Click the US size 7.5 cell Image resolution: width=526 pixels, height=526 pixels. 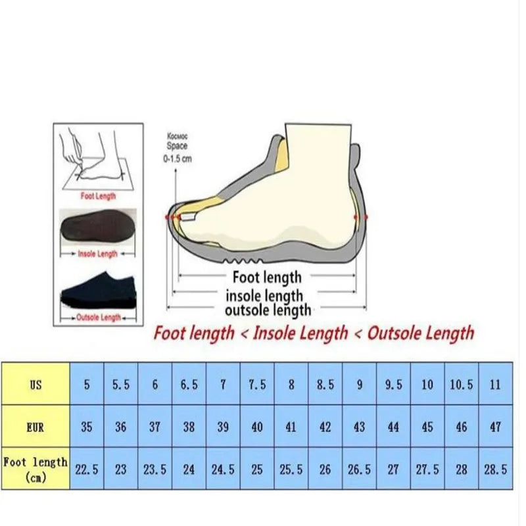tap(257, 385)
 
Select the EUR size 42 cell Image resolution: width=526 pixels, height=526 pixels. tap(325, 427)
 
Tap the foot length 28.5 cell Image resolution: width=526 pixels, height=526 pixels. tap(495, 469)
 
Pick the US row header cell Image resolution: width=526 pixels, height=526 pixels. tap(36, 385)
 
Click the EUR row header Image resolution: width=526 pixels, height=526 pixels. tap(36, 427)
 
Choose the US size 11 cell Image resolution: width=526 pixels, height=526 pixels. tap(495, 385)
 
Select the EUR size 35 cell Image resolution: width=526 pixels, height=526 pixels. tap(87, 427)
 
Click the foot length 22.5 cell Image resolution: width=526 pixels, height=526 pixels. tap(87, 469)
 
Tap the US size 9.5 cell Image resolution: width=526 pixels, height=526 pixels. tap(393, 385)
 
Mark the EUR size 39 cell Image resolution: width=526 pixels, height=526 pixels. tap(223, 427)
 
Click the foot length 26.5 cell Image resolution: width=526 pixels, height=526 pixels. tap(360, 469)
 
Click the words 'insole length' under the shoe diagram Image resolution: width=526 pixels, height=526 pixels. tap(264, 296)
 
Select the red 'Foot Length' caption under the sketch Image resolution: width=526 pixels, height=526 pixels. tap(98, 195)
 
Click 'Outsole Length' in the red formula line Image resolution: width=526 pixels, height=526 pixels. tap(420, 333)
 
